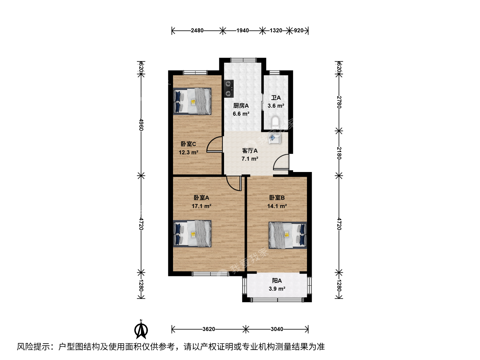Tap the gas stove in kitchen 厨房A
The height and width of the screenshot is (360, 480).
pyautogui.click(x=229, y=89)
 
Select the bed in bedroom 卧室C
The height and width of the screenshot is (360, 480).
pyautogui.click(x=192, y=101)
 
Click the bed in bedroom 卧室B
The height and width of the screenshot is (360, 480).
pyautogui.click(x=288, y=235)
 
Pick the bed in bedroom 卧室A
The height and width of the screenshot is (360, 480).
pyautogui.click(x=192, y=234)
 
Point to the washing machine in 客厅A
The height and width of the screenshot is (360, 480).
pyautogui.click(x=275, y=138)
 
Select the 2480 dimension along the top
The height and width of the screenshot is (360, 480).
pyautogui.click(x=197, y=30)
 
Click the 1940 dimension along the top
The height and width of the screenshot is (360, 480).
pyautogui.click(x=243, y=30)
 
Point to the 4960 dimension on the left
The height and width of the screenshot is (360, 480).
pyautogui.click(x=141, y=125)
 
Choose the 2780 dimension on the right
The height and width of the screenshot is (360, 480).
pyautogui.click(x=339, y=102)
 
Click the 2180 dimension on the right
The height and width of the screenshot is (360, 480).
pyautogui.click(x=339, y=153)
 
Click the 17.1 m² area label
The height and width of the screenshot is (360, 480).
pyautogui.click(x=201, y=206)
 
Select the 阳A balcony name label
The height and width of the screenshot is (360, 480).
pyautogui.click(x=277, y=280)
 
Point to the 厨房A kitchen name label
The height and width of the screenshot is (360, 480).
pyautogui.click(x=241, y=106)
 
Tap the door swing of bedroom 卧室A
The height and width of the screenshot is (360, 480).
pyautogui.click(x=234, y=183)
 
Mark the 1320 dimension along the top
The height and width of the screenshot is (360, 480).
pyautogui.click(x=276, y=30)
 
